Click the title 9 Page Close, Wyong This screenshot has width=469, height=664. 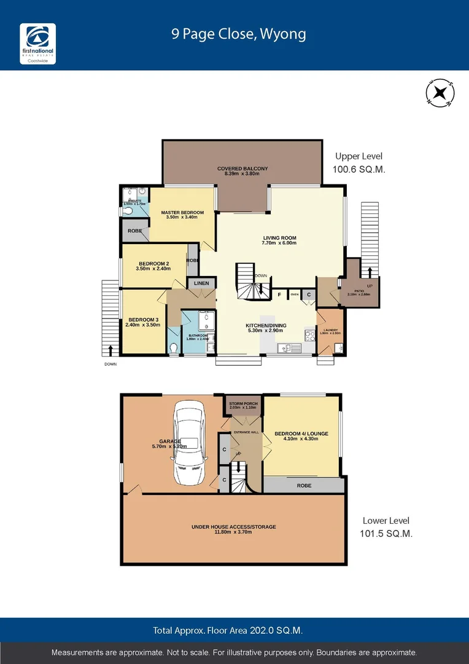point(239,34)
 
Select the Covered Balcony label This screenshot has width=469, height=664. point(242,171)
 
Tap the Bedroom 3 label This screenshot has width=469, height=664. point(142,322)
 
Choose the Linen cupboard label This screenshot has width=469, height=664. point(201,283)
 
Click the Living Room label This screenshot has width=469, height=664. point(279,240)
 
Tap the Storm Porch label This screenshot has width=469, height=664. point(242,405)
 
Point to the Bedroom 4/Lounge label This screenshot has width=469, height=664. point(301,436)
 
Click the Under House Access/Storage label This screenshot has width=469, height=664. point(233,529)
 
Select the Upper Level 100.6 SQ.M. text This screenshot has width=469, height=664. point(360,163)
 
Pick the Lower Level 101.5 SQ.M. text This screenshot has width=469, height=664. point(386,527)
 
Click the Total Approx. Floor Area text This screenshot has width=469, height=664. point(228,630)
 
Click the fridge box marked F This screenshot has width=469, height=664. point(279,295)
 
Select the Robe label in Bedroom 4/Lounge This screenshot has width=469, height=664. point(303,485)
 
